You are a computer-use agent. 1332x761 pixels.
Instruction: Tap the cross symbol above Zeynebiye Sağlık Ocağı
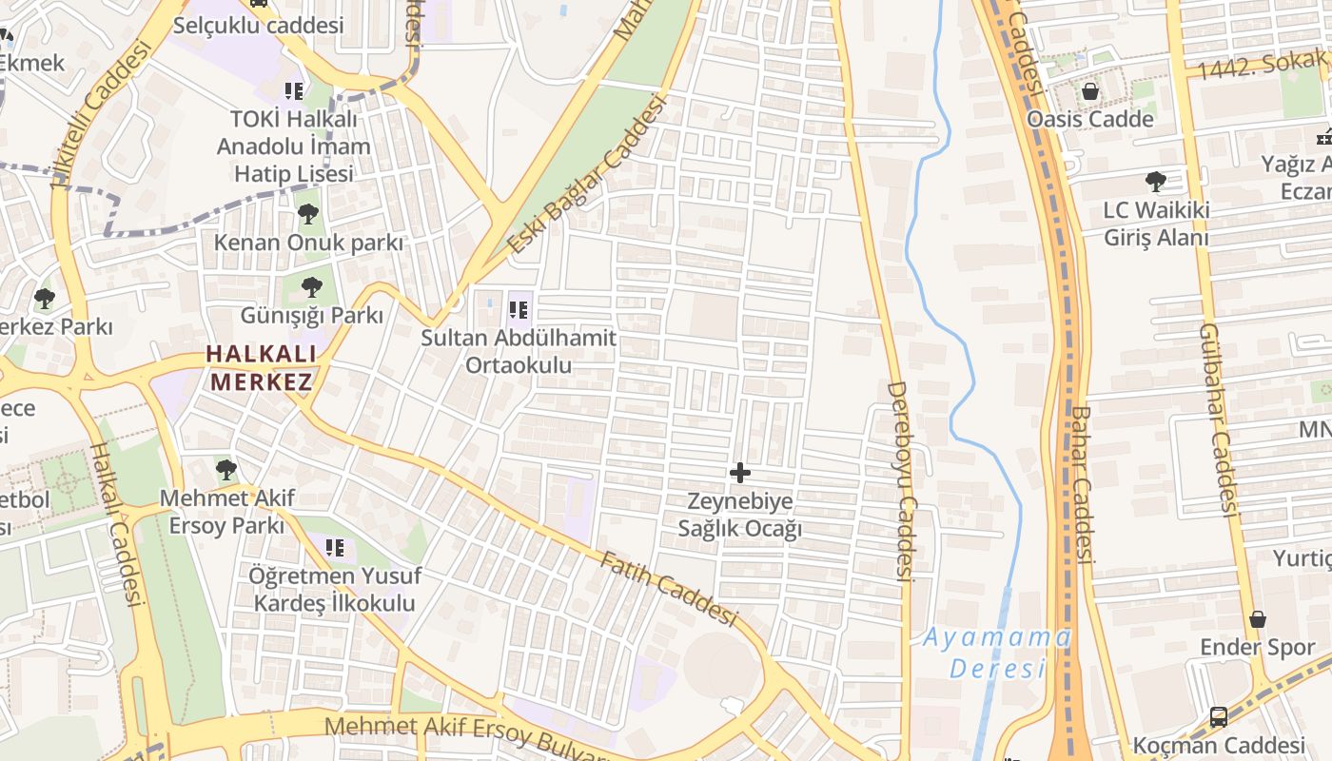tap(739, 472)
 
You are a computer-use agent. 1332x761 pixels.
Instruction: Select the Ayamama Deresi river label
tap(997, 652)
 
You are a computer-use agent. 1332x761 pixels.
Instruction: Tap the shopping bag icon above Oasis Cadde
tap(1089, 92)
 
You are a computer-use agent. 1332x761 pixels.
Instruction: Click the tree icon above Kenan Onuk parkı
tap(307, 214)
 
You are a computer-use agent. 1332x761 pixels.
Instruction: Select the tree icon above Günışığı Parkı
tap(311, 287)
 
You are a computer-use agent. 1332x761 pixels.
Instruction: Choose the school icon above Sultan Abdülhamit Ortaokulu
tap(519, 309)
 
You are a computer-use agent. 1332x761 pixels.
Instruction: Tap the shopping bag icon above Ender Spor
tap(1258, 619)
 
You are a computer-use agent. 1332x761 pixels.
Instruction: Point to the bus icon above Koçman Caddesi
tap(1219, 717)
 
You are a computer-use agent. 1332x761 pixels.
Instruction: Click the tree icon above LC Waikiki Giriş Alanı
tap(1156, 181)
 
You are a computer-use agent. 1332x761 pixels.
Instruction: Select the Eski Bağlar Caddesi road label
tap(584, 177)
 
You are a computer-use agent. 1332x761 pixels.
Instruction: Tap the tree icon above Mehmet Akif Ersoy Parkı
tap(225, 469)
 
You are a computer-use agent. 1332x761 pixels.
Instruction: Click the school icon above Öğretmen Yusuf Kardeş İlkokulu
tap(334, 548)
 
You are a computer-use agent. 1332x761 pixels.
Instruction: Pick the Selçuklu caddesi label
tap(258, 26)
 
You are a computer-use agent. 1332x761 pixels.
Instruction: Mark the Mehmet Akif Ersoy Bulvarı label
tap(465, 736)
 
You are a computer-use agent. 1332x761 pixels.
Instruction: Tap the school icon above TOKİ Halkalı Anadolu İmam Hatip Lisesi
tap(294, 91)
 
